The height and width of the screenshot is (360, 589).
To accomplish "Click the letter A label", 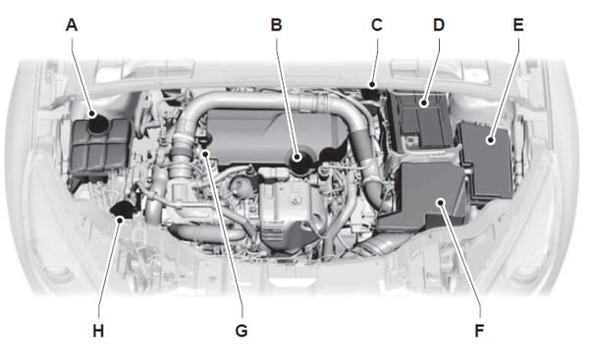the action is point(72,26).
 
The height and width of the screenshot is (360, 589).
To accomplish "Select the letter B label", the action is point(276,26).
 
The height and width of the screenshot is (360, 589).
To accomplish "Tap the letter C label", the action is point(377,26).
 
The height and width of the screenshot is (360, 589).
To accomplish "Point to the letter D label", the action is point(439,26).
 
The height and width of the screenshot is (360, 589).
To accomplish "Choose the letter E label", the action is point(518,26).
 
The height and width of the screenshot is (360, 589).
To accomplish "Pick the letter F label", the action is point(479,332).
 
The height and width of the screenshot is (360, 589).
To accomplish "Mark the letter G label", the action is point(241,332).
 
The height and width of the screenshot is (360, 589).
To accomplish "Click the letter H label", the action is point(98,332).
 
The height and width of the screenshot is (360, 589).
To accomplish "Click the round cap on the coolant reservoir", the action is point(97,122).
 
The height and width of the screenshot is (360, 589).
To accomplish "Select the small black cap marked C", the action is point(373,92).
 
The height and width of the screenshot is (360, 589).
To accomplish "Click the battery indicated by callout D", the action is point(421,120).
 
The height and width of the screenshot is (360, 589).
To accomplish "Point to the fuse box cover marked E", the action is point(487,160).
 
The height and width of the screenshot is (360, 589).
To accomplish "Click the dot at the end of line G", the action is point(205,153).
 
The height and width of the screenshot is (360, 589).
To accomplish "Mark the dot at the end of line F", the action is point(441,203).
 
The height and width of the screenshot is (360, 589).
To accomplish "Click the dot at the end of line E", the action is point(490,140).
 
